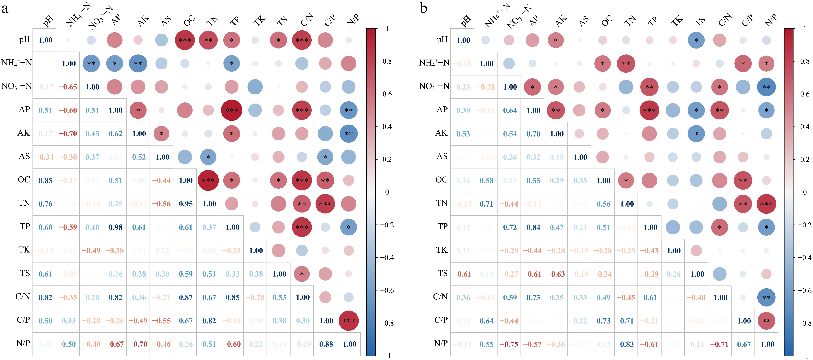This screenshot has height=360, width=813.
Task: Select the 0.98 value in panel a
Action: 115,227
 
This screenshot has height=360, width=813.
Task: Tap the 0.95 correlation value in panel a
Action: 186,204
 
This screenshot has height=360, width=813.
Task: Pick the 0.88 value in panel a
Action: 326,344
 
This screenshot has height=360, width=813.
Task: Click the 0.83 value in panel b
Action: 627,344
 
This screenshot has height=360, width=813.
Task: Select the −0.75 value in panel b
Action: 509,344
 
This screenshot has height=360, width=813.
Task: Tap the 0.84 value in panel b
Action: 533,227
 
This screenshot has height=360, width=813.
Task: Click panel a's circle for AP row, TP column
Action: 232,110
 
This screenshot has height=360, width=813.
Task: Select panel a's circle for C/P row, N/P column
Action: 348,321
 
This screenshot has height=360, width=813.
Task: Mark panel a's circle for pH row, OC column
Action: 185,40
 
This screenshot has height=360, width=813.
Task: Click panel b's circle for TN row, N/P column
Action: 766,204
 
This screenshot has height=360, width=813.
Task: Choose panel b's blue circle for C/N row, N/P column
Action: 766,297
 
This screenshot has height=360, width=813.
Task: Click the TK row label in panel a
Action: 24,250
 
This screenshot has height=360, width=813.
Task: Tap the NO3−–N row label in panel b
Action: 434,86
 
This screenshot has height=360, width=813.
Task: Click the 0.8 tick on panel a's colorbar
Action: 387,61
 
